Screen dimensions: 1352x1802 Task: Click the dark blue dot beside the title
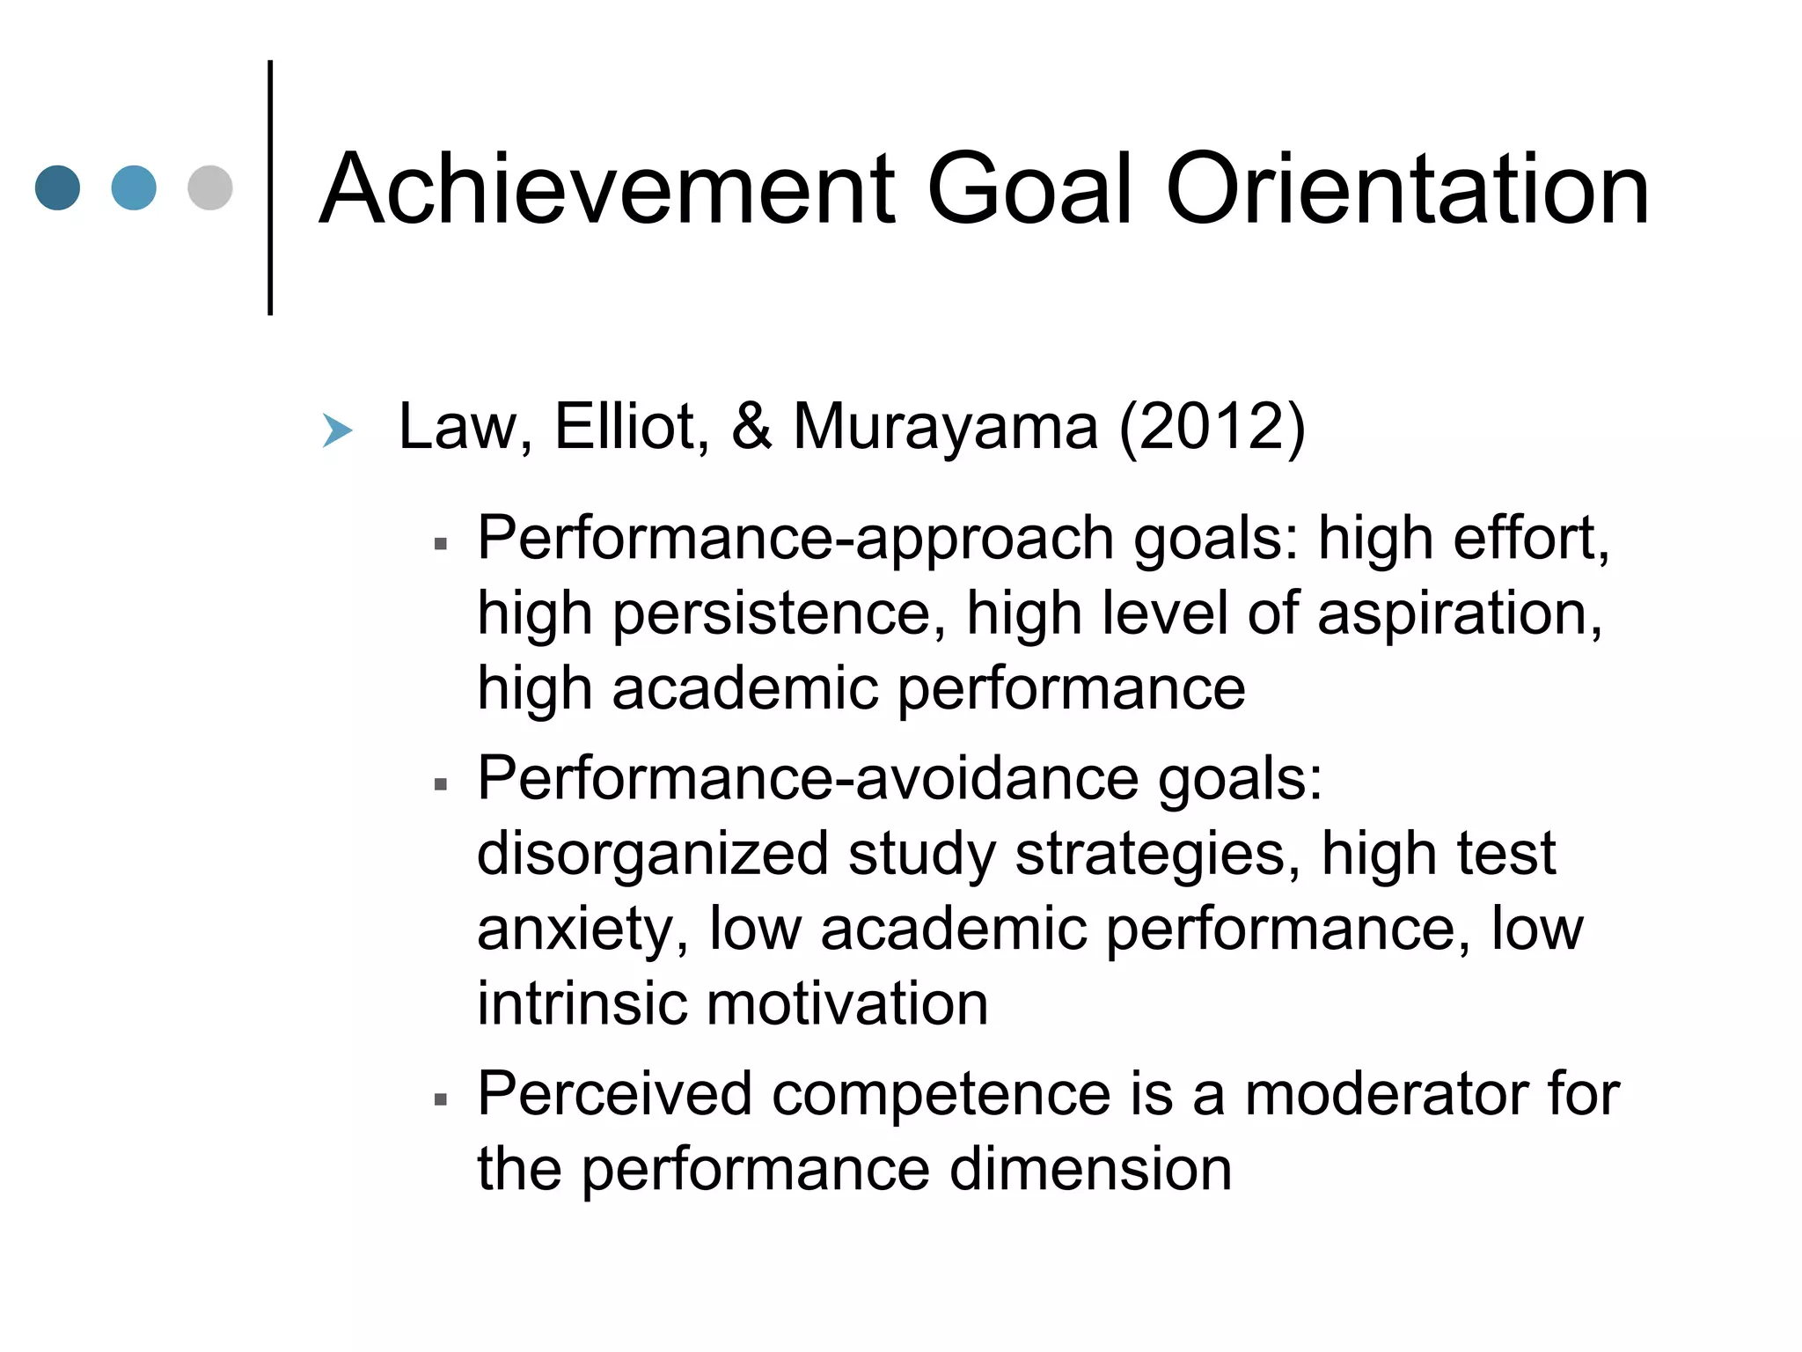pyautogui.click(x=57, y=188)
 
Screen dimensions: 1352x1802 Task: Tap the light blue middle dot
pyautogui.click(x=134, y=188)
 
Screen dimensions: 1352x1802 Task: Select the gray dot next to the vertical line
pyautogui.click(x=210, y=188)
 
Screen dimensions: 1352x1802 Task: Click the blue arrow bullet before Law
pyautogui.click(x=337, y=430)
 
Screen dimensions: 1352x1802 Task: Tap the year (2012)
pyautogui.click(x=1212, y=427)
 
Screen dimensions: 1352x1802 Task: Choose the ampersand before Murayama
pyautogui.click(x=751, y=427)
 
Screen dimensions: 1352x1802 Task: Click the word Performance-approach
pyautogui.click(x=795, y=539)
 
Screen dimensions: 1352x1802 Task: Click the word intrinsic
pyautogui.click(x=582, y=1003)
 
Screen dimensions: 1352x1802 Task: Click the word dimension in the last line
pyautogui.click(x=1090, y=1169)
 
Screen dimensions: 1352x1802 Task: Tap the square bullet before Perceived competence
pyautogui.click(x=442, y=1099)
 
